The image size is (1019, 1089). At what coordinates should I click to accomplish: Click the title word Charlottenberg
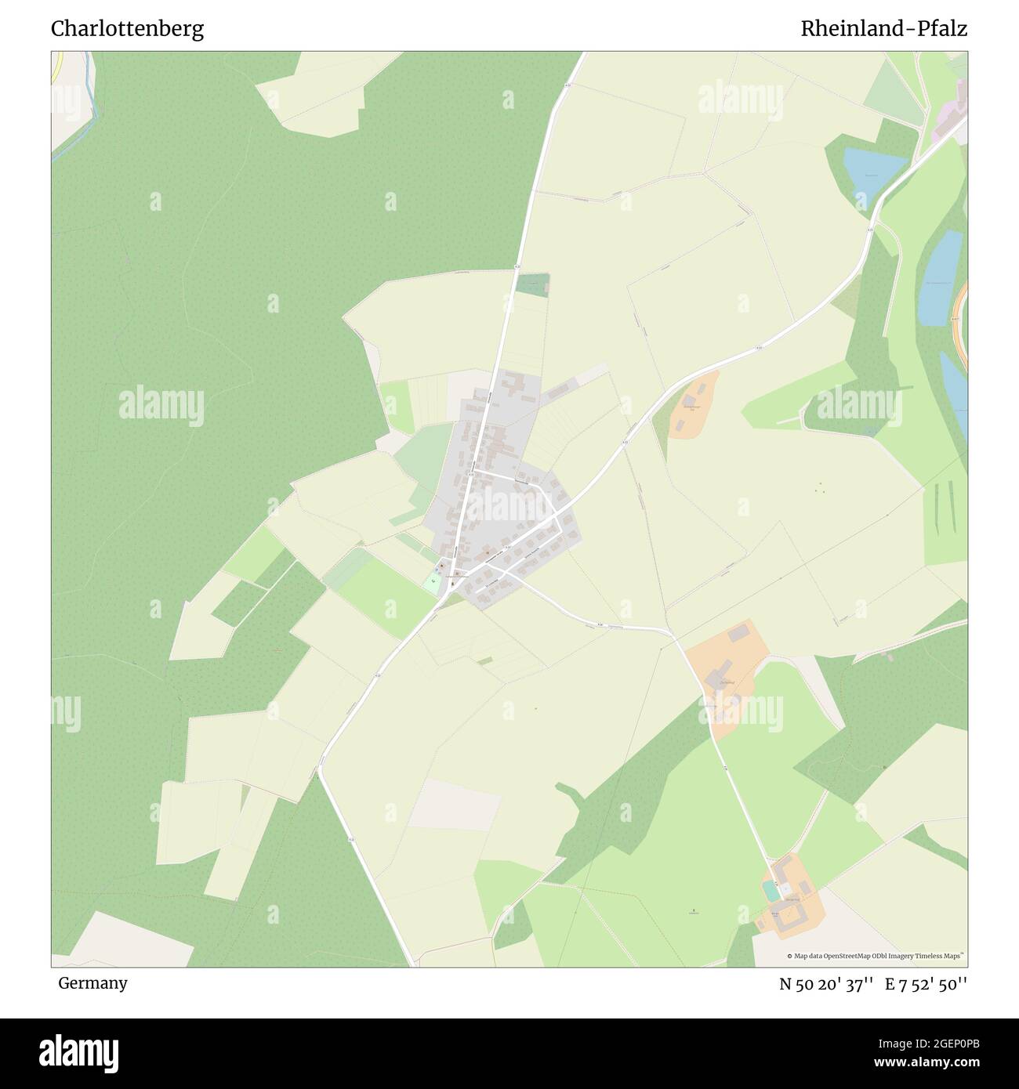click(127, 29)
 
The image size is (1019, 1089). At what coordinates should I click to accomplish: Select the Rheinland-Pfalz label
click(883, 29)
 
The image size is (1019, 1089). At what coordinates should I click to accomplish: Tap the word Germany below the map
click(92, 983)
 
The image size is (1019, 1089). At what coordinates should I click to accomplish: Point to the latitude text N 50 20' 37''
click(826, 985)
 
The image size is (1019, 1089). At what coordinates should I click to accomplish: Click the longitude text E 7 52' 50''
click(927, 985)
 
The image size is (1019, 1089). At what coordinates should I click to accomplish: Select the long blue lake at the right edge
click(941, 279)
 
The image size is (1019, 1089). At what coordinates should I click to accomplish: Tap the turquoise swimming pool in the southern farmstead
click(772, 891)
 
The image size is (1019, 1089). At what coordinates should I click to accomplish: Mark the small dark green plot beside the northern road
click(532, 284)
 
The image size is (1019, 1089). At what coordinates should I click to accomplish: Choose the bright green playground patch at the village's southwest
click(433, 582)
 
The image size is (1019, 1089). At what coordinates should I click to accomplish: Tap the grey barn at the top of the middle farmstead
click(738, 633)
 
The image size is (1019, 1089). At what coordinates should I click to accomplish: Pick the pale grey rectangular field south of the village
click(455, 805)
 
